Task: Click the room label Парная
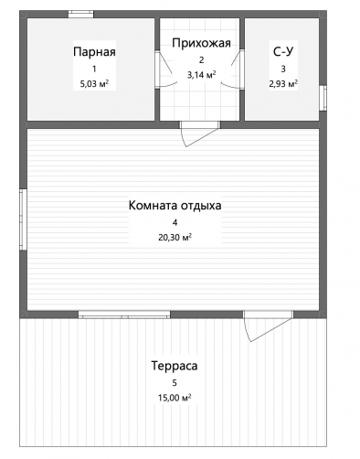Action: [94, 52]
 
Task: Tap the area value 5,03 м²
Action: [94, 84]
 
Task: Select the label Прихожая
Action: [201, 43]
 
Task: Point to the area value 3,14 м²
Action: [202, 75]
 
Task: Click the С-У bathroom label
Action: [283, 51]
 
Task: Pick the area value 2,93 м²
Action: [283, 83]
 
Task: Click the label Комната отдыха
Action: [175, 206]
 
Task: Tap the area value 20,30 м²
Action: [175, 237]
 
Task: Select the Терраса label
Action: [175, 366]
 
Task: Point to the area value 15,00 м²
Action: [175, 398]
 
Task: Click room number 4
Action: [175, 223]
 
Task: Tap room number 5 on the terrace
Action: [175, 383]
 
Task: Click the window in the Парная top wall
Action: [80, 14]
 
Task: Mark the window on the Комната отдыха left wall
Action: [24, 219]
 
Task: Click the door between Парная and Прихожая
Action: [164, 69]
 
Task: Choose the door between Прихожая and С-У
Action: [234, 69]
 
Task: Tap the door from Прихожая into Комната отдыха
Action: [199, 133]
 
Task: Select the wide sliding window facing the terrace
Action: [124, 315]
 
